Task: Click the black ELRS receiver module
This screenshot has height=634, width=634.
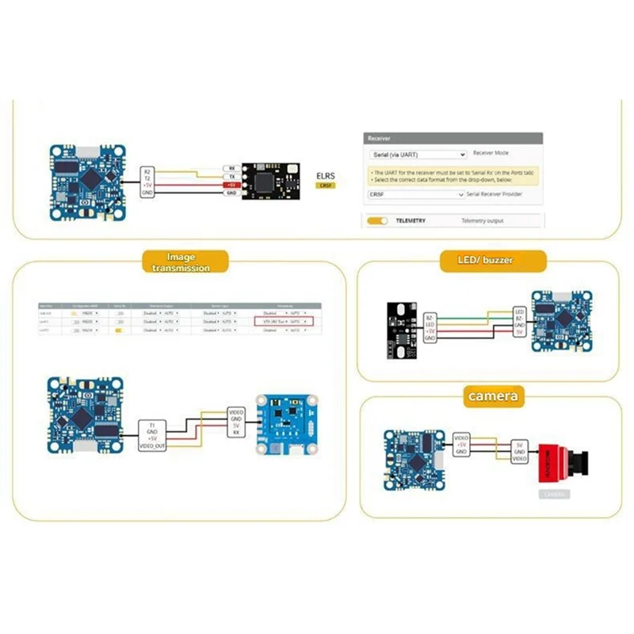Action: point(271,179)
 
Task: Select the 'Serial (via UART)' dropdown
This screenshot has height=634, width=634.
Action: point(417,155)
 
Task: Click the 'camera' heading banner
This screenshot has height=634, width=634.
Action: point(493,395)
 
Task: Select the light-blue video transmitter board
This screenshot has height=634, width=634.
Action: point(286,425)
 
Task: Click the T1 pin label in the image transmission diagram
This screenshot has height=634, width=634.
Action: point(151,426)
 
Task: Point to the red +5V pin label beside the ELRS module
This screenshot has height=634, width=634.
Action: point(231,185)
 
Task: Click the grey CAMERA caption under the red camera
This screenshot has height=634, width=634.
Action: point(552,494)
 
